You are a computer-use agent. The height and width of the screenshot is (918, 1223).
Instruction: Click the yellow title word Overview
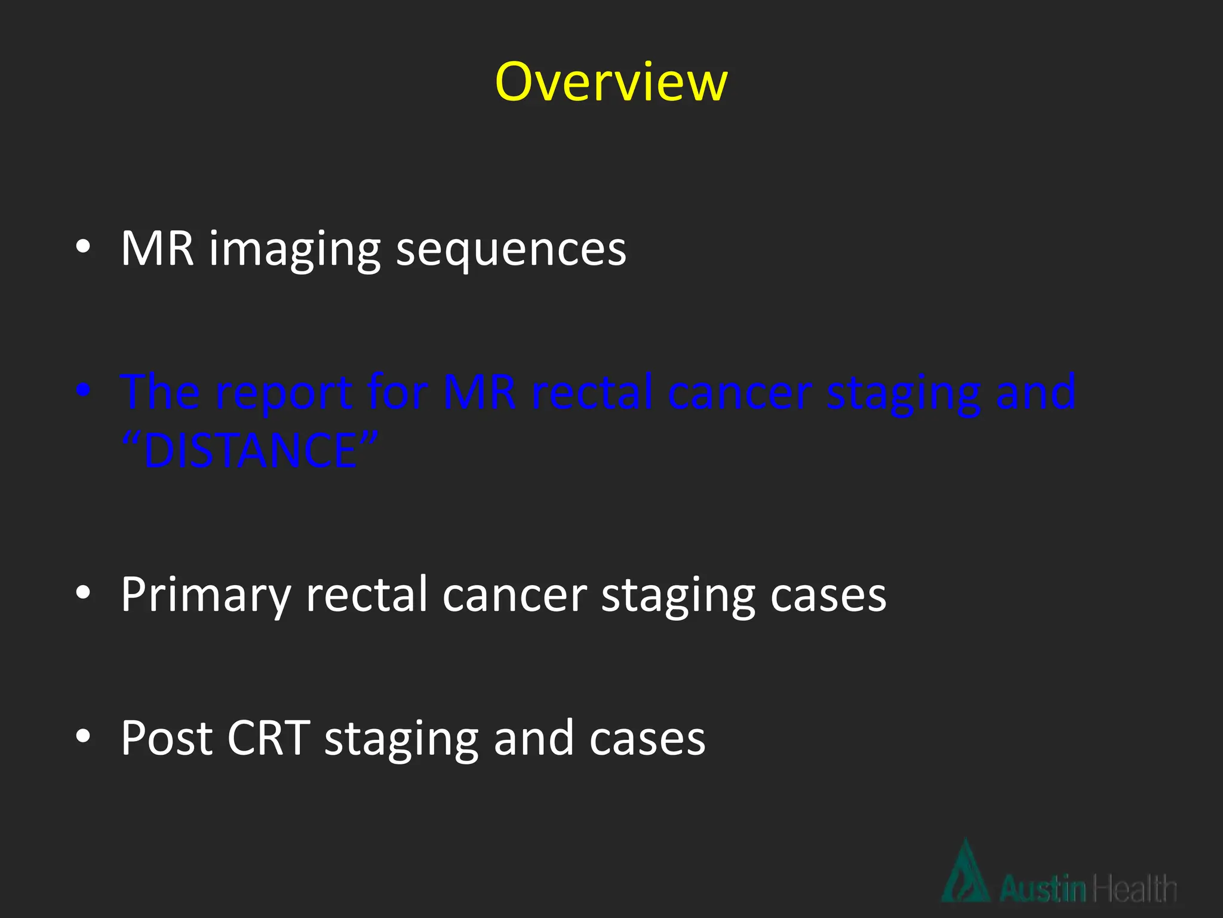(x=611, y=82)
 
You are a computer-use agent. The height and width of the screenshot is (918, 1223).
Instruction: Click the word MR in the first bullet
(x=157, y=248)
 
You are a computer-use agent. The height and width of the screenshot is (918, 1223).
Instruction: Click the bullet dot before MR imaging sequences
(x=83, y=246)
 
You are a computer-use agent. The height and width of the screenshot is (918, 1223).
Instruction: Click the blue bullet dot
(x=83, y=390)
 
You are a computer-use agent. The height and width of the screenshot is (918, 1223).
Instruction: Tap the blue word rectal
(x=591, y=393)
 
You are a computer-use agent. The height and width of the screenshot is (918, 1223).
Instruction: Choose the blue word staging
(x=904, y=394)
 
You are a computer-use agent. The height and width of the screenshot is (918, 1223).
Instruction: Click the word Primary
(x=205, y=595)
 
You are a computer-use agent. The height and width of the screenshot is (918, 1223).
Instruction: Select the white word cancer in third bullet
(x=515, y=595)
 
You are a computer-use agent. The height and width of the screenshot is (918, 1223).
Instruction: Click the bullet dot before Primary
(x=83, y=592)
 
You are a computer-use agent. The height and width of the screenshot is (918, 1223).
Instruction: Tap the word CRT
(x=269, y=738)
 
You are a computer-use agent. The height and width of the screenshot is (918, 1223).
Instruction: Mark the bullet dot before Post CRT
(x=83, y=736)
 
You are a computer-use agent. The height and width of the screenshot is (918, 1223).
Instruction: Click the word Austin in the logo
(x=1043, y=889)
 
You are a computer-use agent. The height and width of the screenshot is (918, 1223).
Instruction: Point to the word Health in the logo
(x=1133, y=889)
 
